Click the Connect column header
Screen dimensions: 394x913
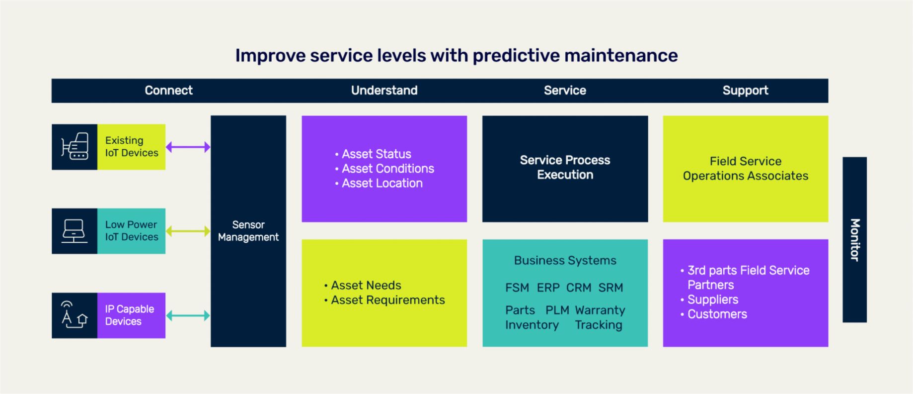click(168, 91)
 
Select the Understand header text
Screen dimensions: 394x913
click(384, 91)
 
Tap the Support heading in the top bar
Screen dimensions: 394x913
click(745, 91)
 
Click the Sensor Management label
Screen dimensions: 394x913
click(248, 231)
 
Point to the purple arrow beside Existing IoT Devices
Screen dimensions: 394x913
click(188, 147)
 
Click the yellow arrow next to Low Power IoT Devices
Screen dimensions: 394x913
click(188, 231)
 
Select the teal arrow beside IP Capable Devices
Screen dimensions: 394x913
click(188, 315)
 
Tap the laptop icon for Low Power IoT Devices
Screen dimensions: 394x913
click(75, 231)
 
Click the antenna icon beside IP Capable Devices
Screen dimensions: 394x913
click(74, 315)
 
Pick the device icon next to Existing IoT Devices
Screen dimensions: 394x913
click(75, 147)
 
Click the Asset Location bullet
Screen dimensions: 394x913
click(381, 184)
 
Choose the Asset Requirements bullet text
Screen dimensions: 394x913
click(387, 300)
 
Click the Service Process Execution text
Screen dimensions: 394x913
click(565, 168)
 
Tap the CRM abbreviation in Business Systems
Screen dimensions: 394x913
click(579, 288)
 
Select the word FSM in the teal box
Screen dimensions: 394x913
click(517, 288)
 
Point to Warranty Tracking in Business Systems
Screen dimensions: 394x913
click(600, 317)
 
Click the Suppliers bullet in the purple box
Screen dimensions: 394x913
click(712, 299)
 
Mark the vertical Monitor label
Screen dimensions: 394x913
click(854, 240)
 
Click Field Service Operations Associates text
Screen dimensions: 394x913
click(745, 169)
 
